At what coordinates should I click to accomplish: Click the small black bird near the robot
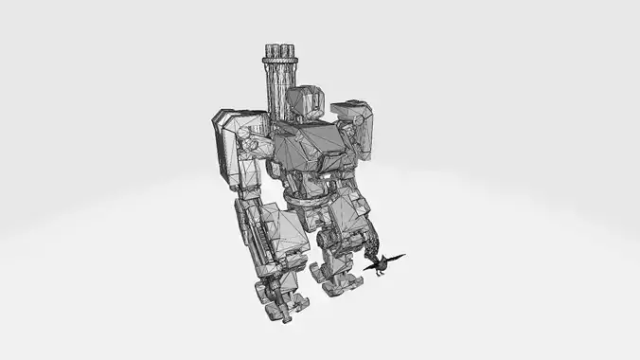(381, 265)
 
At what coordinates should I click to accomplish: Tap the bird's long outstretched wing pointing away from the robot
(397, 257)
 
